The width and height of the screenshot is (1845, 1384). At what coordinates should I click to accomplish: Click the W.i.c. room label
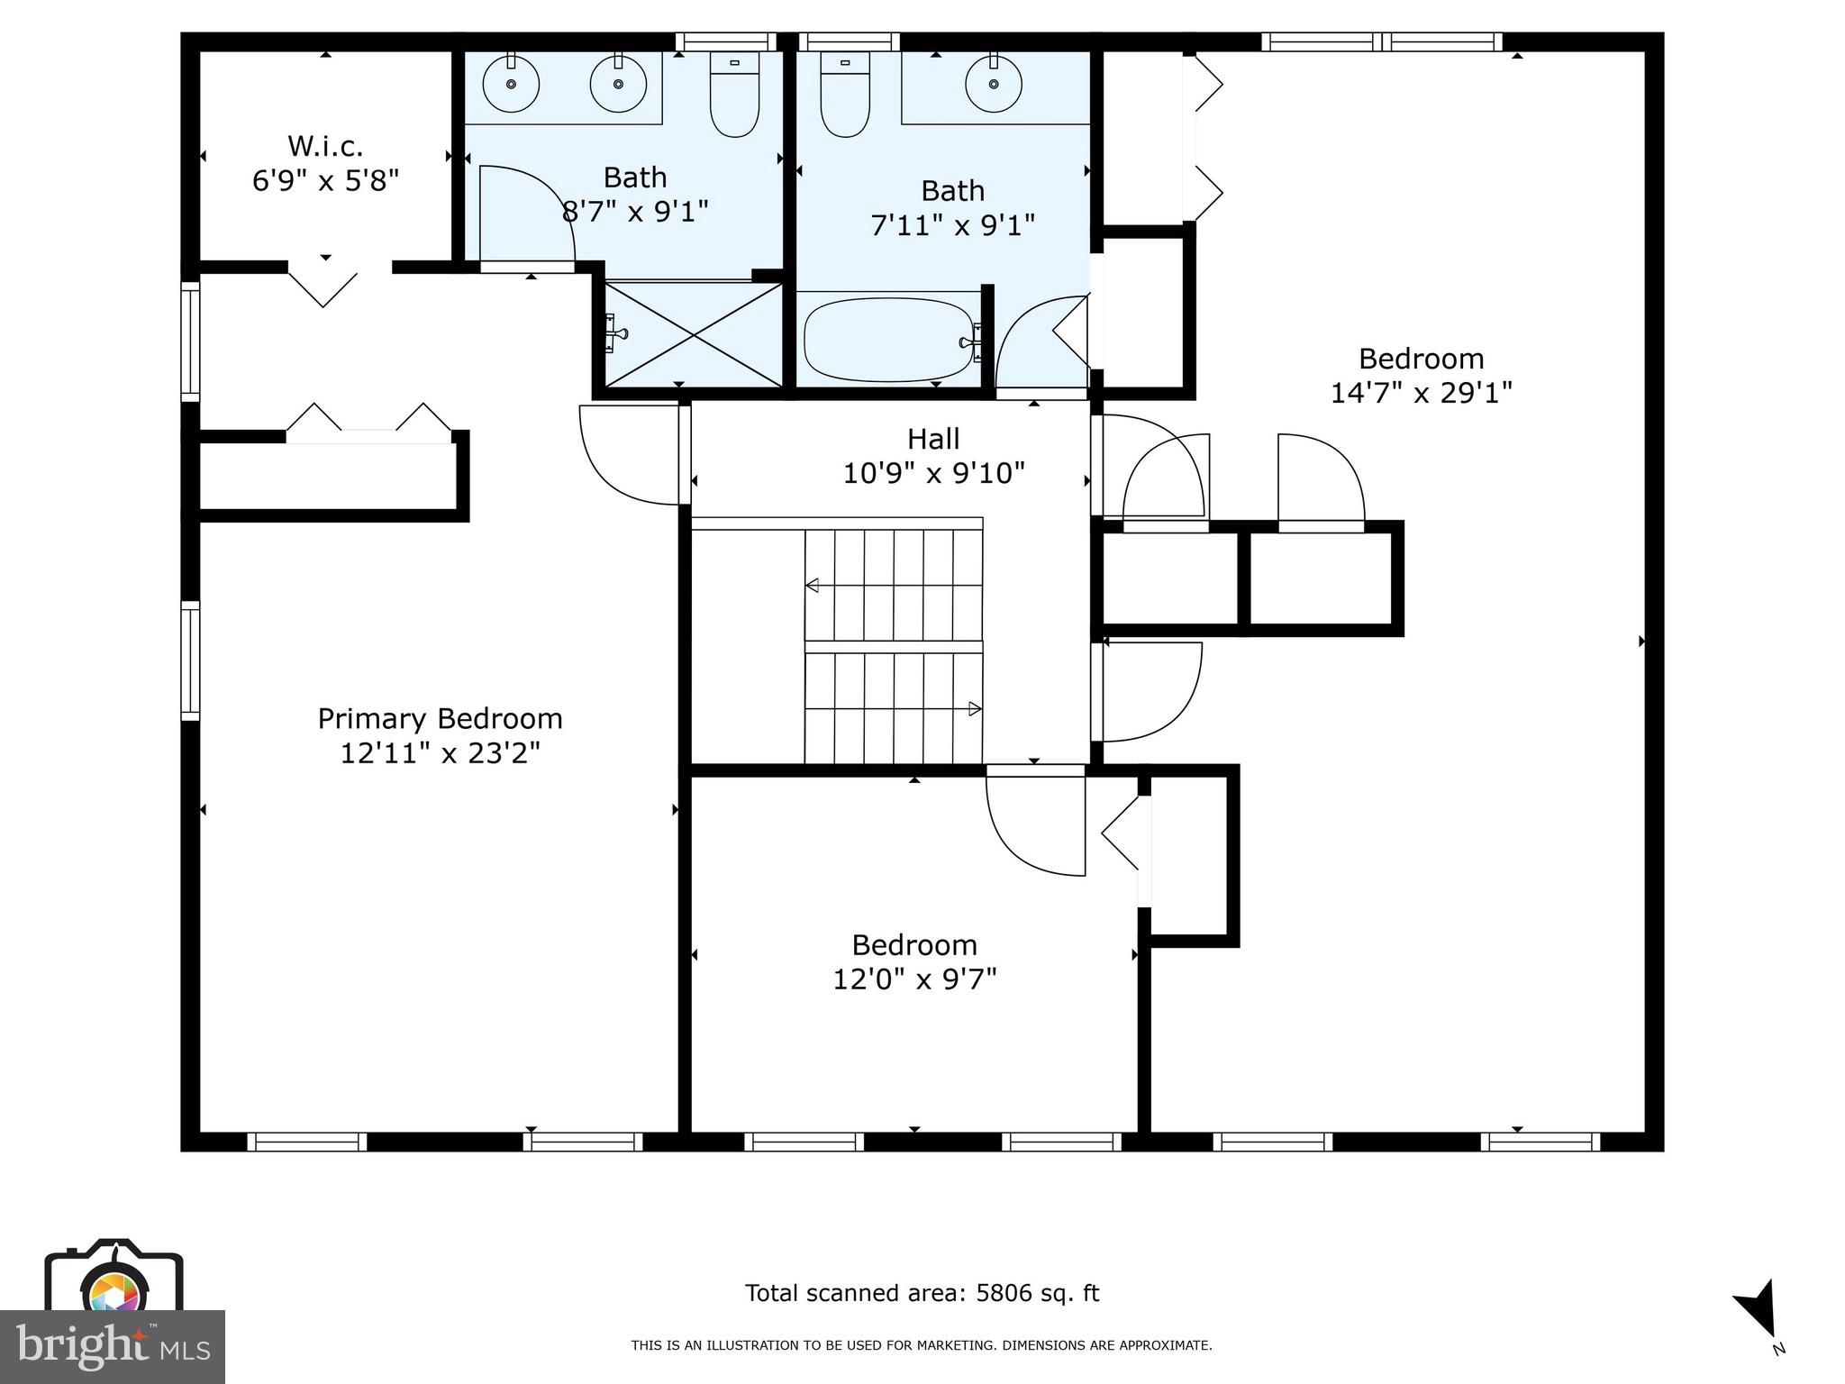(324, 146)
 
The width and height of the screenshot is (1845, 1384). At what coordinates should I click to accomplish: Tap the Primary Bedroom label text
(440, 718)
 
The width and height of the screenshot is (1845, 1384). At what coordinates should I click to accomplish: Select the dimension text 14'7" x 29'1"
(1421, 393)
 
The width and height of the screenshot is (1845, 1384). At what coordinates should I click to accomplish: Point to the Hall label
(933, 439)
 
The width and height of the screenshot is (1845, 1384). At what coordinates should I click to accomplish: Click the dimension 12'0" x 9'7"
(914, 979)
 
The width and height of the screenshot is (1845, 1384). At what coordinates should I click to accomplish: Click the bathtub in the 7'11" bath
(888, 341)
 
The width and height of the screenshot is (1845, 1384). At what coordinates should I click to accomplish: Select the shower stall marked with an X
(692, 334)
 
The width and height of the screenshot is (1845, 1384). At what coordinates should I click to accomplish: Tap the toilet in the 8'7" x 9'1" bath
(734, 94)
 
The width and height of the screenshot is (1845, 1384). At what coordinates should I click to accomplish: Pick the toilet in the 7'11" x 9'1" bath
(845, 94)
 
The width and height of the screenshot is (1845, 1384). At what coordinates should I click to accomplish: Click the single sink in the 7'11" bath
(994, 84)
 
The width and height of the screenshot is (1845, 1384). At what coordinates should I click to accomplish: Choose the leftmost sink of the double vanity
(511, 84)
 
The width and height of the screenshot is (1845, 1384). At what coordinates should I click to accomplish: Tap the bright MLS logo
(113, 1346)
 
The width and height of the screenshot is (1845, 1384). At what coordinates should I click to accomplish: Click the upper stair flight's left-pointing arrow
(812, 586)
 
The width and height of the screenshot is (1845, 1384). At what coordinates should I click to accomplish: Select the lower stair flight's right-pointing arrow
(974, 709)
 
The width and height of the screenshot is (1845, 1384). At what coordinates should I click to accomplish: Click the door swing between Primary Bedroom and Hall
(631, 455)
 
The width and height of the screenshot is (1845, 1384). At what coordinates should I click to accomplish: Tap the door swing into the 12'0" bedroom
(1036, 824)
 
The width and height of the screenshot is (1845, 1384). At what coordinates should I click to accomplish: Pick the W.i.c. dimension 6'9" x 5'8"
(324, 181)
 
